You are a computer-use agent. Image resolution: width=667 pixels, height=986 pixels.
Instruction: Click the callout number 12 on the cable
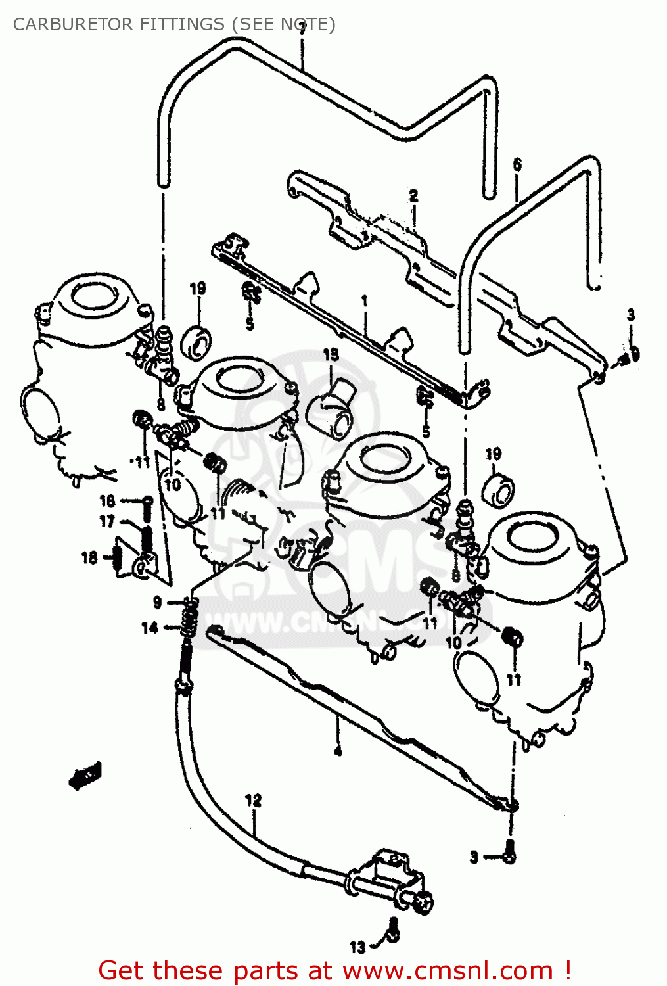coord(253,800)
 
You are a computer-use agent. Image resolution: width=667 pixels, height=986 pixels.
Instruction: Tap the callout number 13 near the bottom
coord(357,947)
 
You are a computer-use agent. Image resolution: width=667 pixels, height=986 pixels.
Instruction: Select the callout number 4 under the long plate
coord(337,750)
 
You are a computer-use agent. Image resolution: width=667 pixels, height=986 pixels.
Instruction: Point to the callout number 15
coord(331,355)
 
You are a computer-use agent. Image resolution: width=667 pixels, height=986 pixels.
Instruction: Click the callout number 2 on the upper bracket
coord(413,195)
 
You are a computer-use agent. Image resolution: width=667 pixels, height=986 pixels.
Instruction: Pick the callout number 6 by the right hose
coord(517,164)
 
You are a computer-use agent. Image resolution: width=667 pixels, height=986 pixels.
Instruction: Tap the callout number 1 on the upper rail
coord(364,302)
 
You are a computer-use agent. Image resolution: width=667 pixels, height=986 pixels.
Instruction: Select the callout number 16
coord(107,501)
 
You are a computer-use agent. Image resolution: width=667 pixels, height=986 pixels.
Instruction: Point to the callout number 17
coord(107,521)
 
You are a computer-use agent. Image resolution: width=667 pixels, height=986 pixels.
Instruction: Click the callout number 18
coord(89,557)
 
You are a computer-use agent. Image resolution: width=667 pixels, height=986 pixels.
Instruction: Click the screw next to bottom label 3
coord(509,853)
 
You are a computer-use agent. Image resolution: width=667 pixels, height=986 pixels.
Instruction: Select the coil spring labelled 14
coord(189,621)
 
